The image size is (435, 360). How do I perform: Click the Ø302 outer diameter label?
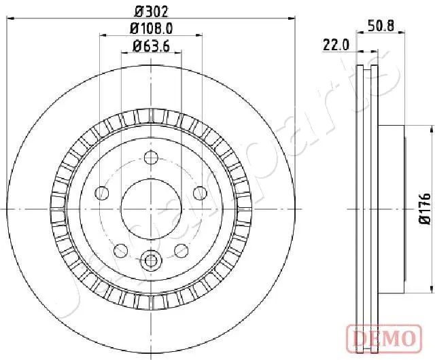pos(151,10)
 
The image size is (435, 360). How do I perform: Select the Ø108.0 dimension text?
pos(151,28)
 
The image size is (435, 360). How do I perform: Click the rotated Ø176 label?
pos(424,209)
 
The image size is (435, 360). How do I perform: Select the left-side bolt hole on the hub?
pos(102,193)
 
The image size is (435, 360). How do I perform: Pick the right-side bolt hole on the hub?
pos(200,193)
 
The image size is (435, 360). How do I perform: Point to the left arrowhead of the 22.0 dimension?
pos(360,51)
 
